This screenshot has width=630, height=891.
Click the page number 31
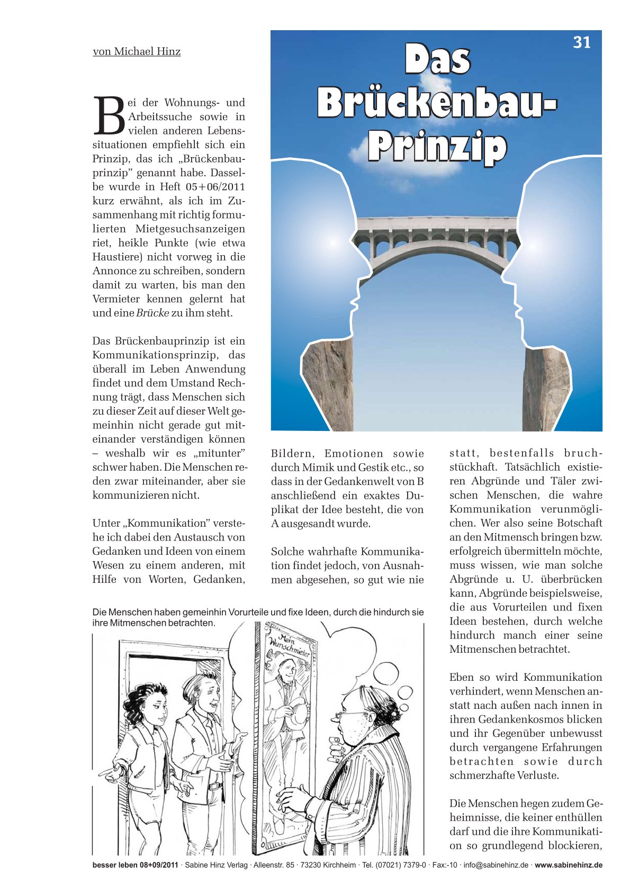click(581, 42)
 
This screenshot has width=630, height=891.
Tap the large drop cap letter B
click(109, 115)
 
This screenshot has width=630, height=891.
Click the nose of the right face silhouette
click(505, 274)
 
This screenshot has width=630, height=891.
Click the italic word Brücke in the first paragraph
click(152, 313)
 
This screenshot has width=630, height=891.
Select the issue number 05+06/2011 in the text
click(215, 187)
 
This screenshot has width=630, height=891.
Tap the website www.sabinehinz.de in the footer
click(568, 866)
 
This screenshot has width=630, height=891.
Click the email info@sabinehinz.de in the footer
click(496, 866)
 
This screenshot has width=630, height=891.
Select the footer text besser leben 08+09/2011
click(135, 866)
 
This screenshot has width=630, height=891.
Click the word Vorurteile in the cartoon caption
click(247, 613)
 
